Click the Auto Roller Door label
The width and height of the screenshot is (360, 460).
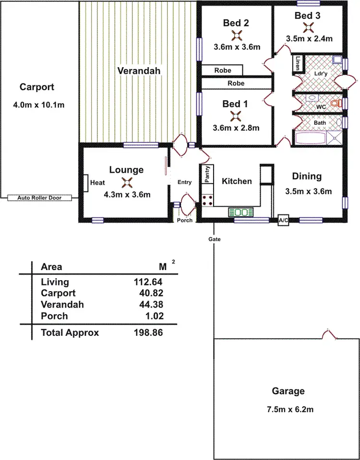39,198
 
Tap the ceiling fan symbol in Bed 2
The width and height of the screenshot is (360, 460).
237,35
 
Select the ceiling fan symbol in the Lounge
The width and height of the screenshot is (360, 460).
127,182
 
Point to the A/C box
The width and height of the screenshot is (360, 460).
283,221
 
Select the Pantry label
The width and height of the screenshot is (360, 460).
207,175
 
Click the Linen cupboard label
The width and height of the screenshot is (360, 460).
298,63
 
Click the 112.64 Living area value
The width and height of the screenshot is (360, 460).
149,282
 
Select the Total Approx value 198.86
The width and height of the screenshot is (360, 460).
149,332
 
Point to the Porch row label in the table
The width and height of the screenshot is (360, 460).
54,316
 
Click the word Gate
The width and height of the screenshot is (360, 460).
214,238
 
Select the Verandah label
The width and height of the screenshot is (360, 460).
139,71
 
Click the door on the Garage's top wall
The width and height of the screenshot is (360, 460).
329,334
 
